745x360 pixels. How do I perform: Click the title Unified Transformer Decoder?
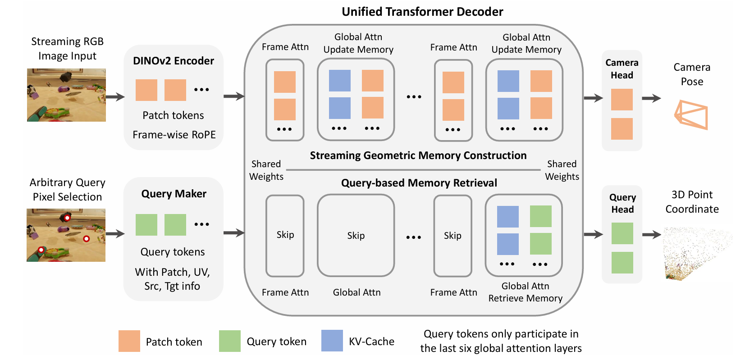pyautogui.click(x=422, y=12)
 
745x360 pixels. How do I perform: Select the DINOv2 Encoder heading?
pyautogui.click(x=173, y=61)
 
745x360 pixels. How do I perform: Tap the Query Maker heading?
pyautogui.click(x=174, y=194)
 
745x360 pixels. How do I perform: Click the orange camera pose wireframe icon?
pyautogui.click(x=691, y=115)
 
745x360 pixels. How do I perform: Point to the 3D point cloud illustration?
pyautogui.click(x=697, y=253)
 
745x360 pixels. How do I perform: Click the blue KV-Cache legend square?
pyautogui.click(x=332, y=341)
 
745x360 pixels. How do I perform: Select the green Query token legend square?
pyautogui.click(x=230, y=341)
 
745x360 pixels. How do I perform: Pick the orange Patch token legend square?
pyautogui.click(x=129, y=341)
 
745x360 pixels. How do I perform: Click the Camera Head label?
pyautogui.click(x=622, y=69)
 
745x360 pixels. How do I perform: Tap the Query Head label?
pyautogui.click(x=622, y=203)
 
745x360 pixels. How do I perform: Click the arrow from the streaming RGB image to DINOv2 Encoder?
pyautogui.click(x=115, y=97)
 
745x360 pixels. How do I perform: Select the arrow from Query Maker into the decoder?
pyautogui.click(x=234, y=232)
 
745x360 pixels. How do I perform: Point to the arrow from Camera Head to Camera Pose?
pyautogui.click(x=652, y=98)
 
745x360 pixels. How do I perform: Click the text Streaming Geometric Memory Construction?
pyautogui.click(x=418, y=155)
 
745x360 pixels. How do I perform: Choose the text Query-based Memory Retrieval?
pyautogui.click(x=419, y=183)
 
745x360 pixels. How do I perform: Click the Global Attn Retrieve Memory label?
pyautogui.click(x=525, y=292)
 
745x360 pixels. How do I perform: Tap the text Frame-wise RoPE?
pyautogui.click(x=174, y=135)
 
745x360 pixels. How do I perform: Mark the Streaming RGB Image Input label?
pyautogui.click(x=67, y=49)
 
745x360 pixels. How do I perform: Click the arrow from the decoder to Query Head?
pyautogui.click(x=593, y=234)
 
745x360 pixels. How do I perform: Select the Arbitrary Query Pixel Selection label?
pyautogui.click(x=67, y=190)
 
